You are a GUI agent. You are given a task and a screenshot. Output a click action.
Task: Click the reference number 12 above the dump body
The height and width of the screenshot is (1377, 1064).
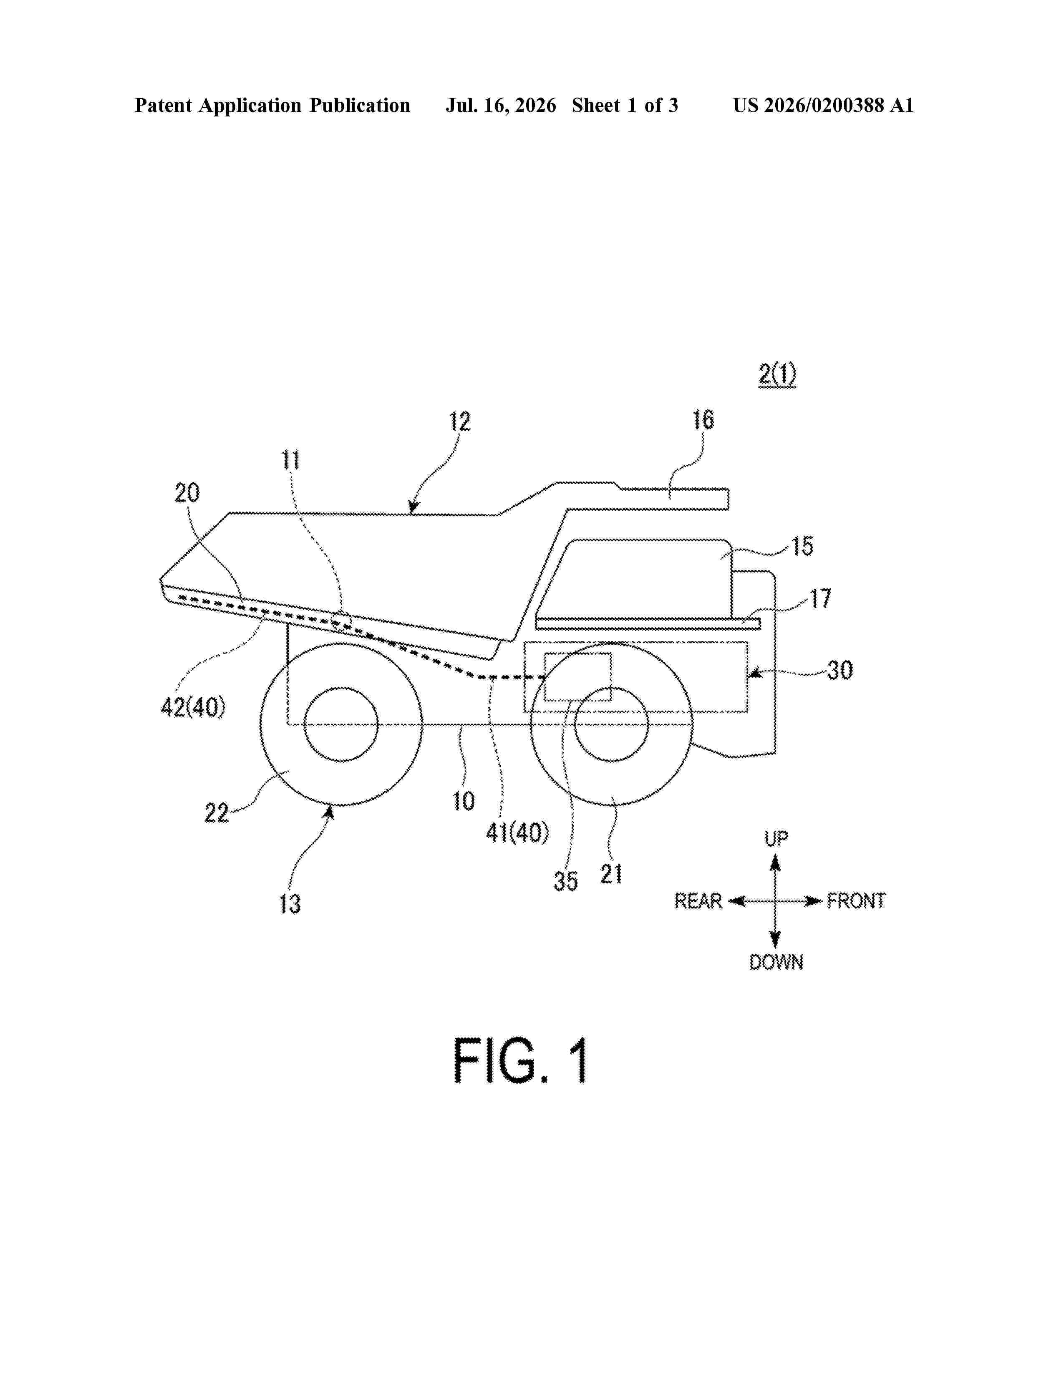[x=459, y=421]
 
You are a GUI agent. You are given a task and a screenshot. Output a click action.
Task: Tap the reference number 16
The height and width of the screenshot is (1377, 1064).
[x=703, y=420]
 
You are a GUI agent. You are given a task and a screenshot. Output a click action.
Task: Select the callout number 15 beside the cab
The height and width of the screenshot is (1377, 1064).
[x=802, y=546]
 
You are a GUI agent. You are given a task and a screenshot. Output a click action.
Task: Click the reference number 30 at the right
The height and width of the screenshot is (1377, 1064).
[x=840, y=670]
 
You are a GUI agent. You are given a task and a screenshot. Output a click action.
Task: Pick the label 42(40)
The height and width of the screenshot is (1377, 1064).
[x=193, y=707]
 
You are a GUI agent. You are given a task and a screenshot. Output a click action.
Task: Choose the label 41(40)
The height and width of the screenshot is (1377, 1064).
[x=517, y=833]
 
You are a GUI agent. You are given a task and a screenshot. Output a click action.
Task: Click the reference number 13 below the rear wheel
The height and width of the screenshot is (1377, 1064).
[x=290, y=903]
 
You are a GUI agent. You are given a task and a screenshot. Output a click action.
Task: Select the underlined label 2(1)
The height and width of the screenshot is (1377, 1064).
[x=777, y=375]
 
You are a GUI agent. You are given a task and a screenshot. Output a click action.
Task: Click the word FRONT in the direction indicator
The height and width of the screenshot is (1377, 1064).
[x=856, y=901]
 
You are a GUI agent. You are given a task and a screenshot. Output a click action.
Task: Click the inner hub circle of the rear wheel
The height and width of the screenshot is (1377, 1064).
[x=341, y=687]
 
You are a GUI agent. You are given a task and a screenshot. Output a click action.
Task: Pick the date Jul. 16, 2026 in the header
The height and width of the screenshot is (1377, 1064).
[x=501, y=105]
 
